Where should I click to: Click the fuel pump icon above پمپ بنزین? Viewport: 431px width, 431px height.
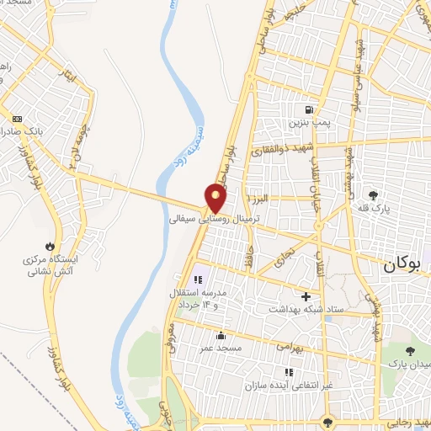click(309, 109)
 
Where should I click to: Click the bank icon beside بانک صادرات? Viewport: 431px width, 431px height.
click(16, 118)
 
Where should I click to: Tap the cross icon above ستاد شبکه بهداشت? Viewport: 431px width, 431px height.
click(306, 296)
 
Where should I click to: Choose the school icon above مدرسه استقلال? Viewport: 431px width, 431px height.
click(199, 279)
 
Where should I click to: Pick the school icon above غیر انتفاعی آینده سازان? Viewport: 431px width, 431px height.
click(289, 371)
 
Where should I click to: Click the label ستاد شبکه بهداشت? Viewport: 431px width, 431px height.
click(306, 309)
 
